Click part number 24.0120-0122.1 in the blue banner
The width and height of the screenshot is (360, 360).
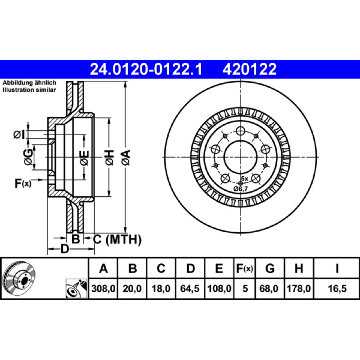pyautogui.click(x=146, y=69)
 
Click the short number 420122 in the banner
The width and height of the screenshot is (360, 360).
pyautogui.click(x=249, y=69)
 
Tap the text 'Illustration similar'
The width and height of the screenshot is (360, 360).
pyautogui.click(x=29, y=90)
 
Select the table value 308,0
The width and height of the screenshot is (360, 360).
pyautogui.click(x=103, y=288)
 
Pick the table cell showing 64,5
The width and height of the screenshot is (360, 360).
pyautogui.click(x=189, y=288)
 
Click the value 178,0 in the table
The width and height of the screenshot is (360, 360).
pyautogui.click(x=299, y=288)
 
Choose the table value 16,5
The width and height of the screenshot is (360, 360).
pyautogui.click(x=337, y=288)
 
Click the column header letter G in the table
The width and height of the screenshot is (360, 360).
pyautogui.click(x=270, y=268)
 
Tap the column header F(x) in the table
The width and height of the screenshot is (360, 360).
pyautogui.click(x=244, y=268)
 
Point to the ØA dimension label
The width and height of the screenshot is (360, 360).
pyautogui.click(x=126, y=157)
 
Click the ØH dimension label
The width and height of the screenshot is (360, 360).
pyautogui.click(x=110, y=157)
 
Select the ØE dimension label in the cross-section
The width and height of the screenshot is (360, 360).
pyautogui.click(x=84, y=158)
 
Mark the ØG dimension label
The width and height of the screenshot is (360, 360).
pyautogui.click(x=28, y=157)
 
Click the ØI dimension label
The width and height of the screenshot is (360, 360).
pyautogui.click(x=19, y=135)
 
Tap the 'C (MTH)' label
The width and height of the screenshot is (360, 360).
pyautogui.click(x=117, y=239)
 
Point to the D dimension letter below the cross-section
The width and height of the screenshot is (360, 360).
pyautogui.click(x=65, y=249)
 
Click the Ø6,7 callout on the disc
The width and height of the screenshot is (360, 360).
pyautogui.click(x=241, y=189)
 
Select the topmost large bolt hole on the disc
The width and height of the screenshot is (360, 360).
pyautogui.click(x=240, y=131)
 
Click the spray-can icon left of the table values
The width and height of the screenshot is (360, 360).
pyautogui.click(x=76, y=288)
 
